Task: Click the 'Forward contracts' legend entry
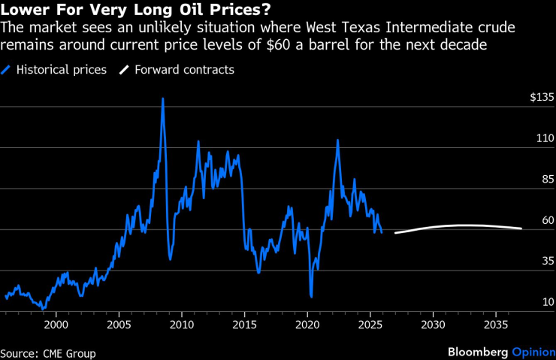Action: pyautogui.click(x=184, y=70)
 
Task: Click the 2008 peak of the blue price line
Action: pyautogui.click(x=162, y=99)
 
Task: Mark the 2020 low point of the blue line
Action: pyautogui.click(x=311, y=296)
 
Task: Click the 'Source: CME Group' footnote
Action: pyautogui.click(x=48, y=352)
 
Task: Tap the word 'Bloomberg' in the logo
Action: pyautogui.click(x=477, y=352)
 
